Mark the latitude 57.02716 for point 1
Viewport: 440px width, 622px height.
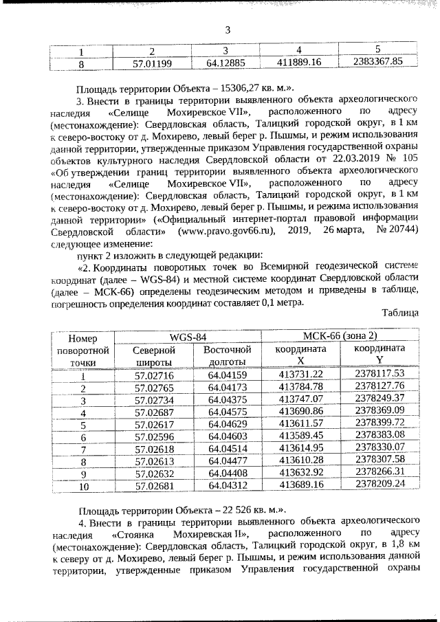click(x=154, y=375)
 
